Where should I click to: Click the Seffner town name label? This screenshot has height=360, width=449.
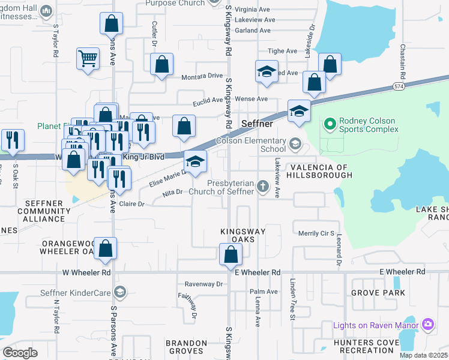click(257, 124)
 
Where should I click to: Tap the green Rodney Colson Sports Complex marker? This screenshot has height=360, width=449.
click(329, 125)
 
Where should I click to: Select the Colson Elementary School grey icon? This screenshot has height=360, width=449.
click(295, 143)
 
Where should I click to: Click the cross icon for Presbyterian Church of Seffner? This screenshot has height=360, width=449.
click(262, 187)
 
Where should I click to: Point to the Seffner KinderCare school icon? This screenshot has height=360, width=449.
click(119, 292)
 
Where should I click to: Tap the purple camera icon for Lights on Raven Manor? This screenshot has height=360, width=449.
click(427, 325)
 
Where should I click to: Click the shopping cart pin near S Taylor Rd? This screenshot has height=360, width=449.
click(88, 59)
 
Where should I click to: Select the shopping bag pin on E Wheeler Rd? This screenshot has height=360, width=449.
click(231, 254)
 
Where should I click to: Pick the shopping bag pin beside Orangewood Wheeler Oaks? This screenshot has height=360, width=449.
click(105, 249)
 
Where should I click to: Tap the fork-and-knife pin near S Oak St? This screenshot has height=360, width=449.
click(13, 140)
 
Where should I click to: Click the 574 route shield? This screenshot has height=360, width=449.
click(399, 87)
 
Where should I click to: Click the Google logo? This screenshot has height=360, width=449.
click(20, 352)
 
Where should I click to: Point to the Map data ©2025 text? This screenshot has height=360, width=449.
click(423, 355)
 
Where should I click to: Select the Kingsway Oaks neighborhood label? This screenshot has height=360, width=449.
click(243, 235)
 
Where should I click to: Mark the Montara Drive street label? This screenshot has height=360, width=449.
click(202, 76)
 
